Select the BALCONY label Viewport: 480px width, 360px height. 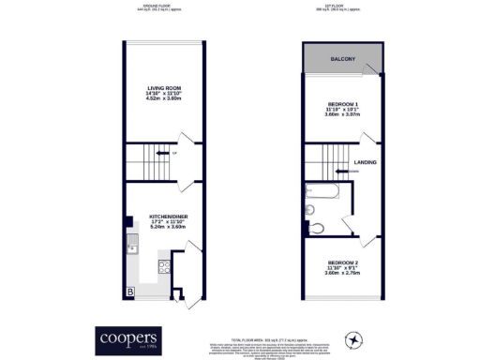[342, 60]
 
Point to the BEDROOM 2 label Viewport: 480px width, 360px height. [341, 262]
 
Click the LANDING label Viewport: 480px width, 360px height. [365, 161]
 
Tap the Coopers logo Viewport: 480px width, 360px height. [129, 337]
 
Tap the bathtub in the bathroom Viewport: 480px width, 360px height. [322, 194]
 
